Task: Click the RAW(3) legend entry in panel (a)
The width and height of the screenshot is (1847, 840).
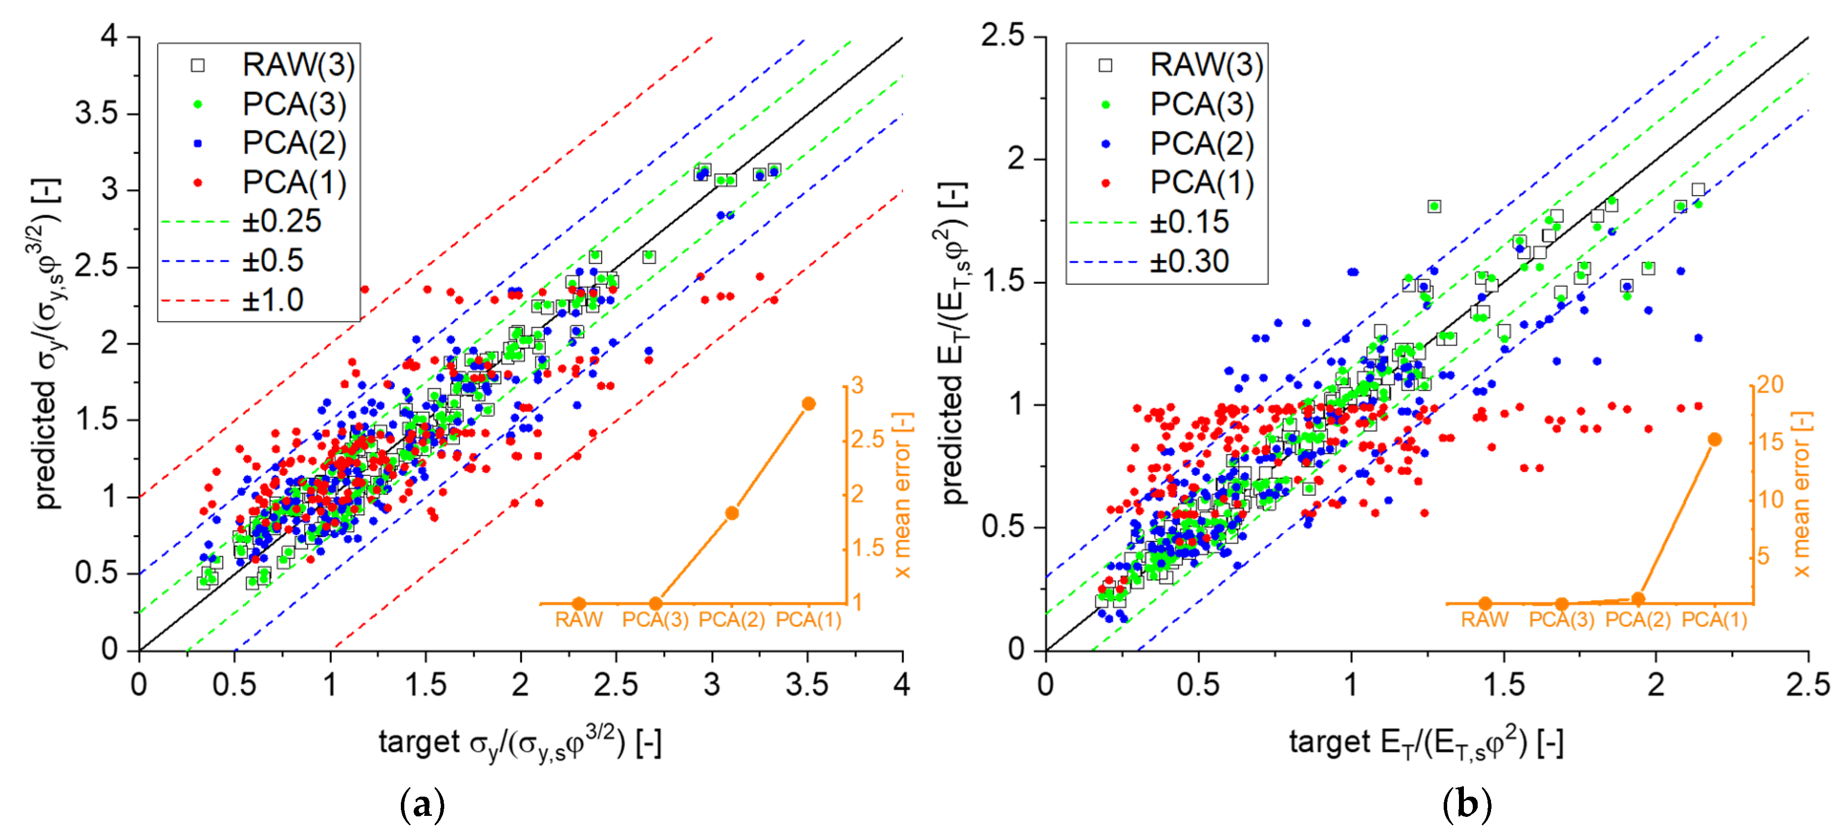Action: [x=273, y=65]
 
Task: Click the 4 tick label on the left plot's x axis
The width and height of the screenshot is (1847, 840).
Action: [x=902, y=684]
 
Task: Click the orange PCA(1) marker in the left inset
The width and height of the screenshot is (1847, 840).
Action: [x=809, y=404]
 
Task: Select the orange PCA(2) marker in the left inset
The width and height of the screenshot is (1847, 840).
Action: [x=732, y=513]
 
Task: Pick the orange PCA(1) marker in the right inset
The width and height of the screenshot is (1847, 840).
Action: [x=1714, y=439]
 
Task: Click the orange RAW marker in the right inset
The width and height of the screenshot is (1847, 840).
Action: [x=1485, y=604]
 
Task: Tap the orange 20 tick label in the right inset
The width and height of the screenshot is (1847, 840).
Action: [x=1770, y=385]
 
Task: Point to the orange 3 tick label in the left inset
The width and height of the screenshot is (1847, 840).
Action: [x=857, y=386]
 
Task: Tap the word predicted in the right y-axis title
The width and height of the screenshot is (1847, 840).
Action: [x=953, y=438]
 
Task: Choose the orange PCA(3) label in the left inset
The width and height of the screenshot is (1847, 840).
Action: [x=655, y=620]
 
